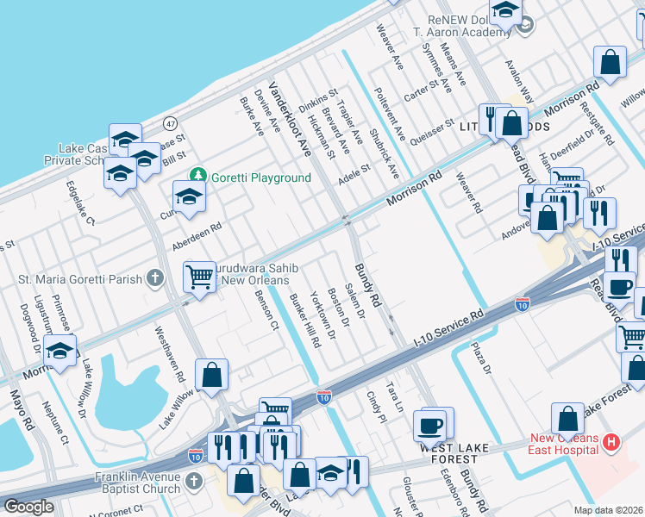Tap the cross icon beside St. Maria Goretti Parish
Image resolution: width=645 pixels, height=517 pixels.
click(x=154, y=278)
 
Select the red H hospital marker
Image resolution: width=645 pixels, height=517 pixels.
click(x=611, y=443)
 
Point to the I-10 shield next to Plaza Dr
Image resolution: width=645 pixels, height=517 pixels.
click(x=522, y=303)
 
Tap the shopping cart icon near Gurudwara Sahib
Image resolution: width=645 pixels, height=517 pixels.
click(x=199, y=277)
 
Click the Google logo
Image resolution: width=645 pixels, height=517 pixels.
click(x=29, y=507)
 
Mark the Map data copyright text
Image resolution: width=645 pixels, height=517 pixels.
click(x=608, y=509)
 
